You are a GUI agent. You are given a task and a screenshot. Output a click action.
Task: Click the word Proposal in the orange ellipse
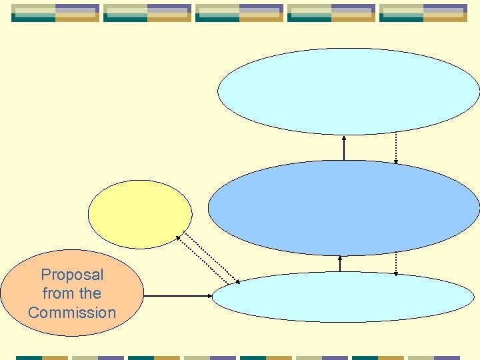[72, 275]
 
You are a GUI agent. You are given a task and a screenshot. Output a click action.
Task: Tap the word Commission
[72, 312]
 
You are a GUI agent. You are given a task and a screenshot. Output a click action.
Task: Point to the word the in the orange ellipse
[89, 293]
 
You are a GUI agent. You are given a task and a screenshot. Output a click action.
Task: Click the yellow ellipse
[140, 214]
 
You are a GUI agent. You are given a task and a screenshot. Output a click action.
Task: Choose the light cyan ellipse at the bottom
[343, 297]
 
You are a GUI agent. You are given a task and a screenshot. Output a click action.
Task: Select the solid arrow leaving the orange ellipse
[177, 296]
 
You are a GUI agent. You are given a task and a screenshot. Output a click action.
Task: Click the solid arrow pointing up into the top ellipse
[344, 148]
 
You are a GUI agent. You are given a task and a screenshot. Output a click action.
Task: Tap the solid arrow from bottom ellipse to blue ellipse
[340, 264]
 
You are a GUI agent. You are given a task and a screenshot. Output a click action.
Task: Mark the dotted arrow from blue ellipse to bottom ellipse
[396, 264]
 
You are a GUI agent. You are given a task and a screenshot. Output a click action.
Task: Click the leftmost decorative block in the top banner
[55, 13]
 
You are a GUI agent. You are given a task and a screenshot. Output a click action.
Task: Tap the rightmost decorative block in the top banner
[423, 13]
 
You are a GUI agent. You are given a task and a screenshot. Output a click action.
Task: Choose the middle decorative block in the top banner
[239, 13]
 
